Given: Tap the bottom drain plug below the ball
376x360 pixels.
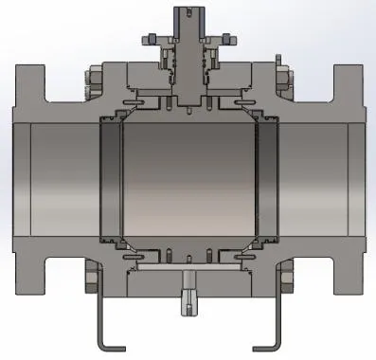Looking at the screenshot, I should click(x=188, y=300).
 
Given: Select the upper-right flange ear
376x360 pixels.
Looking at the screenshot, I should click(x=349, y=80).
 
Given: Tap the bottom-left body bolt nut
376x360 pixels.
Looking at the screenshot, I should click(x=91, y=279).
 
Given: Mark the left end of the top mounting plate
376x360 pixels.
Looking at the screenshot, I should click(x=145, y=39).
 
